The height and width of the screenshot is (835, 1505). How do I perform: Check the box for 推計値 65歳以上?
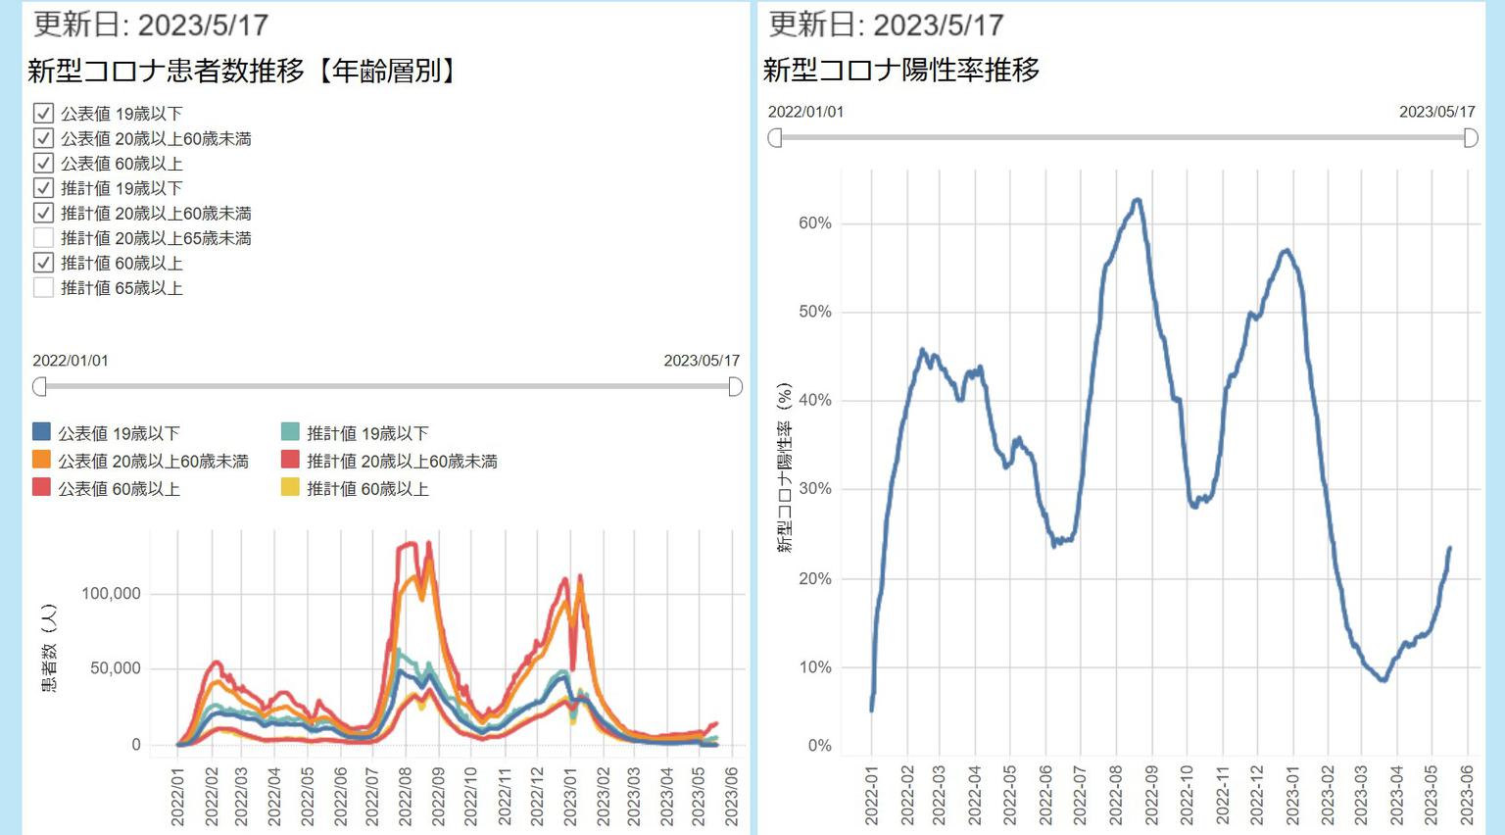tap(43, 288)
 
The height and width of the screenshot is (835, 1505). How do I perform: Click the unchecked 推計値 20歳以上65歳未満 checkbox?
tap(43, 238)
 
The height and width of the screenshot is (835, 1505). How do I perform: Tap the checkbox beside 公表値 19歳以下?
tap(43, 114)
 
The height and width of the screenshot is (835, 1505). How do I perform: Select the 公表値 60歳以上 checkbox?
tap(43, 164)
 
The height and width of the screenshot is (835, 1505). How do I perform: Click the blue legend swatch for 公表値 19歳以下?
tap(41, 432)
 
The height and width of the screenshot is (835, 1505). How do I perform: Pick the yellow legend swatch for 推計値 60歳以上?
tap(290, 488)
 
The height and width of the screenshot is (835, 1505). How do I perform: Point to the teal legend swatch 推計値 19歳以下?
tap(290, 432)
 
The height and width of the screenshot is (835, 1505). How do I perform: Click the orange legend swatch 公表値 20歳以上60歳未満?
tap(41, 460)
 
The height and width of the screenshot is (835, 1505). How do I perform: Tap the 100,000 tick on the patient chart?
tap(111, 593)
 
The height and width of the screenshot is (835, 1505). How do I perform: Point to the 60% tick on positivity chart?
tap(815, 223)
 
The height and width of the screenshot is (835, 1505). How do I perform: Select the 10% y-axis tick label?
tap(815, 667)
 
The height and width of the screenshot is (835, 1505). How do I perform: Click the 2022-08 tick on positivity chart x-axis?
tap(1115, 795)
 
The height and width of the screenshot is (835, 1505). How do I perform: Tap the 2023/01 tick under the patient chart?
tap(570, 796)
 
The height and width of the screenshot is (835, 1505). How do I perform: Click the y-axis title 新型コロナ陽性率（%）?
tap(785, 468)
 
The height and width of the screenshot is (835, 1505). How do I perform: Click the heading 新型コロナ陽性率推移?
tap(901, 70)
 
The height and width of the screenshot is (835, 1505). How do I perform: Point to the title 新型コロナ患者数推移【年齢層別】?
tap(243, 71)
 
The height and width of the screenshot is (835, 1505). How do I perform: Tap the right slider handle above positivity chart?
tap(1471, 138)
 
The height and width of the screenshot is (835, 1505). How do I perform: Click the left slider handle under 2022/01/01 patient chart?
tap(39, 387)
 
